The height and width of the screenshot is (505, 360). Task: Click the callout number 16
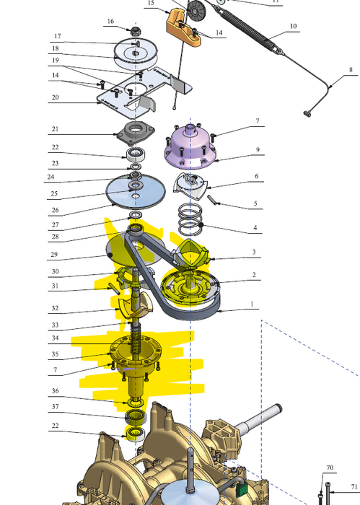coord(110,22)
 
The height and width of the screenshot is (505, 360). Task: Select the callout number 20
coord(55,97)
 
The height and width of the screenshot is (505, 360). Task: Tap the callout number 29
coord(55,255)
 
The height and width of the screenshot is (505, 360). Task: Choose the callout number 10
coord(294,26)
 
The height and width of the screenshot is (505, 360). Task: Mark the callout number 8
coord(351,69)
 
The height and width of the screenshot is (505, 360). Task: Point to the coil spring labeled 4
coord(190,219)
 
